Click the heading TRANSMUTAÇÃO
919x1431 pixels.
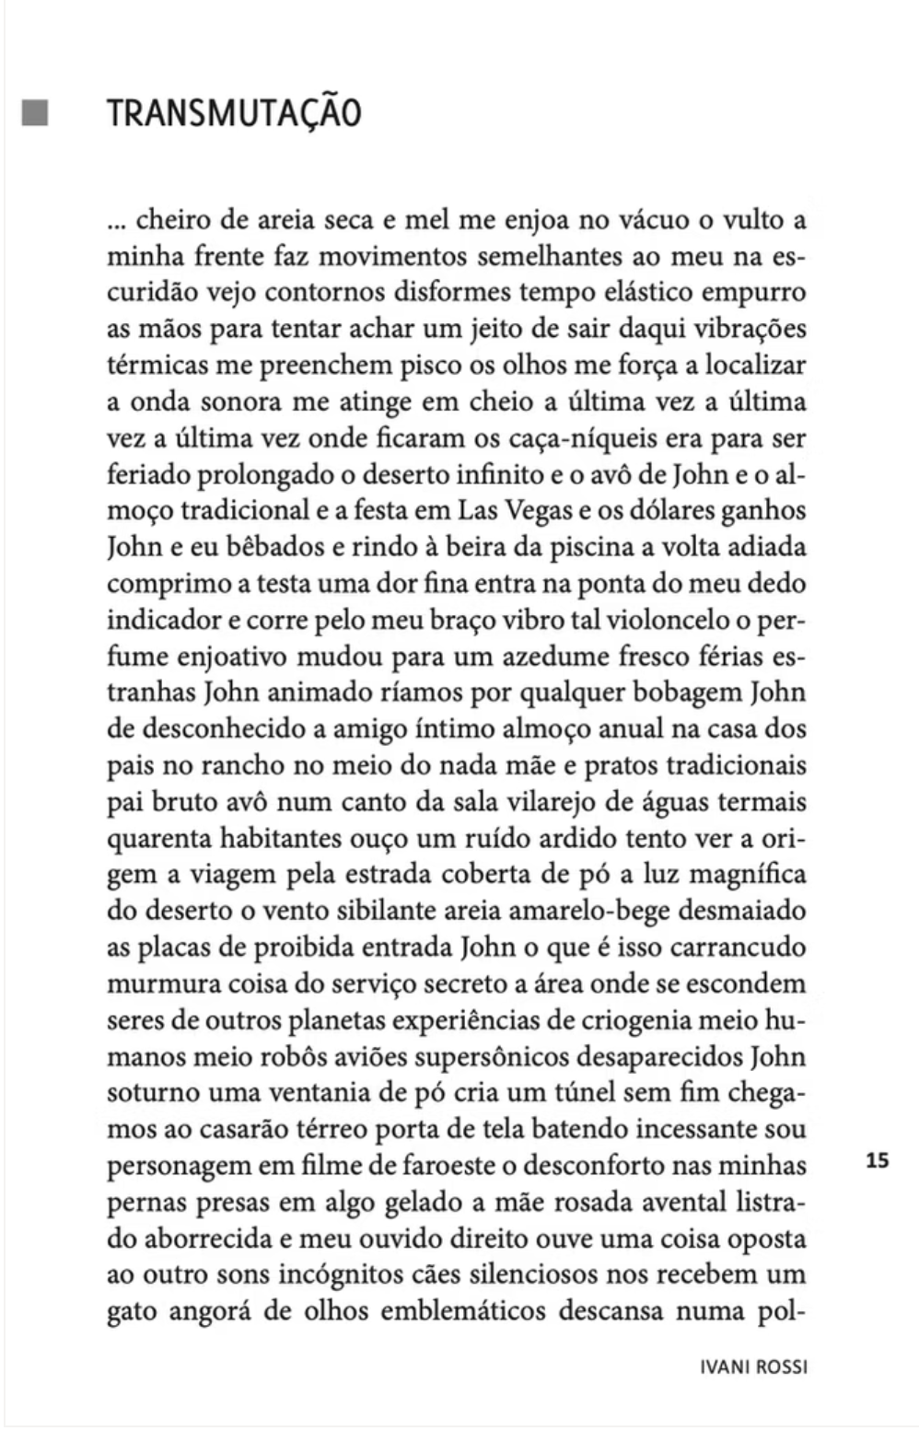pos(234,113)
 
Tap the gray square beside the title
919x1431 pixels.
pos(35,112)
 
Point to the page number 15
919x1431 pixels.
pos(878,1160)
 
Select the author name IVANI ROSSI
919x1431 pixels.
pos(753,1367)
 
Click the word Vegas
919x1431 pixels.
pos(541,511)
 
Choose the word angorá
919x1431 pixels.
pos(207,1311)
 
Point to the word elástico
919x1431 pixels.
pos(640,293)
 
